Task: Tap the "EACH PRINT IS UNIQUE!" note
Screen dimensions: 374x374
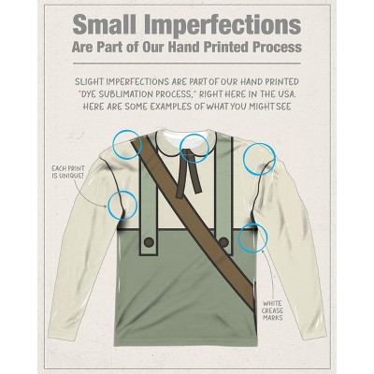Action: tap(67, 172)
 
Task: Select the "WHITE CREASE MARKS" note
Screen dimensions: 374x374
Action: tap(273, 310)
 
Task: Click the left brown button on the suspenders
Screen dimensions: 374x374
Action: tap(150, 241)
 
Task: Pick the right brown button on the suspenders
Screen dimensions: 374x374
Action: tap(223, 241)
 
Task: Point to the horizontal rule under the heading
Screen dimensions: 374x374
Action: tap(187, 64)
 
